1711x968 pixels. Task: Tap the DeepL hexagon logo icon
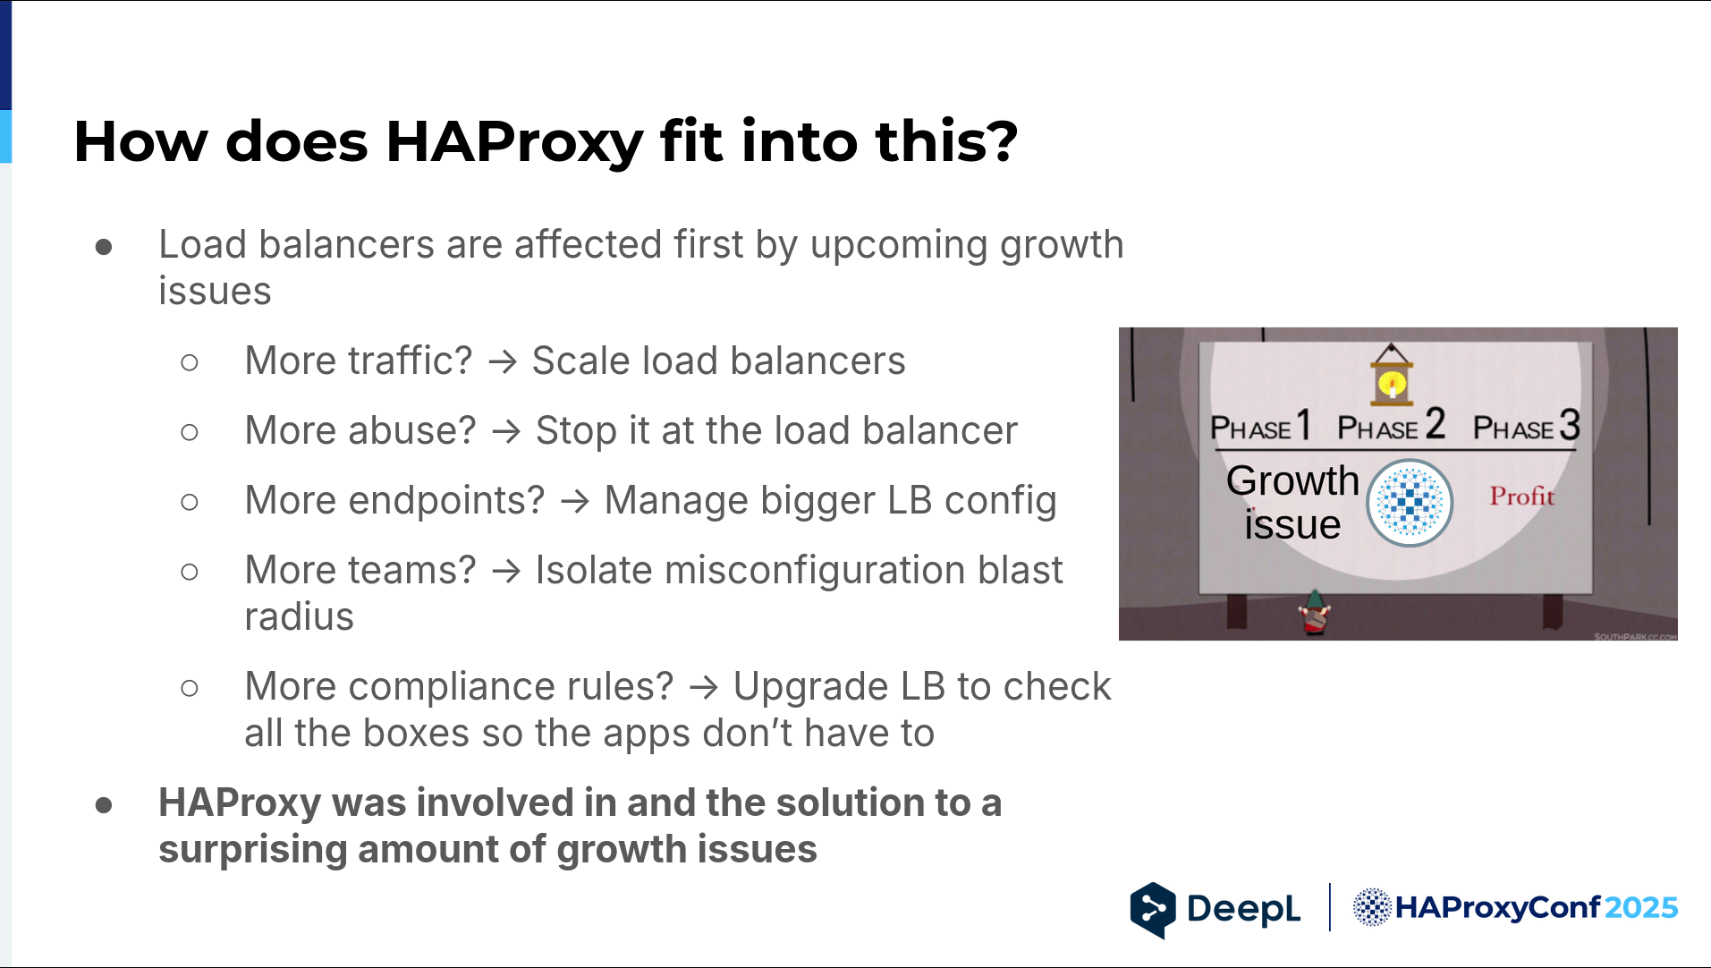(x=1153, y=910)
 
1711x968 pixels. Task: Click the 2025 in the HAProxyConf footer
(x=1641, y=908)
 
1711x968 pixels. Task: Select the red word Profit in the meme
(x=1521, y=496)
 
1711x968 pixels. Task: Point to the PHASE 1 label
(x=1260, y=426)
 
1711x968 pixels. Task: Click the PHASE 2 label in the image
(x=1391, y=426)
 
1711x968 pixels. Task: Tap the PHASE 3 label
(x=1527, y=426)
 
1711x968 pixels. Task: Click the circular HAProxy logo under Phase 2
(x=1410, y=503)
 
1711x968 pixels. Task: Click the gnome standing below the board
(x=1314, y=613)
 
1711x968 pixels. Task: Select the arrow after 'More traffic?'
(x=503, y=362)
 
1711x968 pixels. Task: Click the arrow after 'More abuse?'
(x=506, y=432)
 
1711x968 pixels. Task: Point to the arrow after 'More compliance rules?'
(x=704, y=688)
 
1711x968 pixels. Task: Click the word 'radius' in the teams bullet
(x=300, y=617)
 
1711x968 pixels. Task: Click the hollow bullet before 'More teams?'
(x=189, y=572)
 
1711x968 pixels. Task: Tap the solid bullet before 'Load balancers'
(x=104, y=246)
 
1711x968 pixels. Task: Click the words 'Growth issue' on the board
(x=1292, y=503)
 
